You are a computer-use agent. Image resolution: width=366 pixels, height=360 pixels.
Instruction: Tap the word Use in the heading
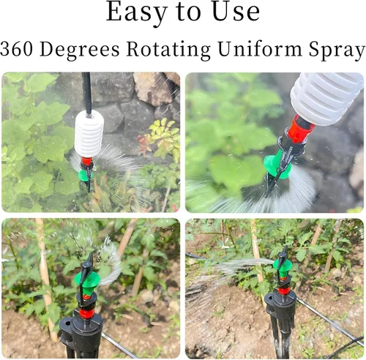[x=236, y=12]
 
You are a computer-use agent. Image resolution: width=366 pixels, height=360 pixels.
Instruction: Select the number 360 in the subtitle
[x=17, y=49]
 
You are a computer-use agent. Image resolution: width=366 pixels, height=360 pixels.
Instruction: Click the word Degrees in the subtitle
[x=80, y=50]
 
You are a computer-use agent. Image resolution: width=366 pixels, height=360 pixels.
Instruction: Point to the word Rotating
[x=168, y=50]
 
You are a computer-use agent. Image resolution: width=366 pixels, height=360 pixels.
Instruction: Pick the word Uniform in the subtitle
[x=260, y=49]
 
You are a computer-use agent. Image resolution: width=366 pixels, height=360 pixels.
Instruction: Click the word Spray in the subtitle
[x=337, y=50]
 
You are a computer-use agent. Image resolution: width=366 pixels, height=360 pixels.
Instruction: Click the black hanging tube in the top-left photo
[x=87, y=93]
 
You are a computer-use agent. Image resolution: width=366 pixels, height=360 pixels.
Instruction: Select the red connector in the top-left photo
[x=86, y=162]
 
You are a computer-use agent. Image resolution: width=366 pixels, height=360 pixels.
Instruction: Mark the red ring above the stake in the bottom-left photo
[x=86, y=313]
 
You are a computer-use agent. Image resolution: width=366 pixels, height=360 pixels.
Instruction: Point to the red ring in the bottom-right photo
[x=284, y=290]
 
